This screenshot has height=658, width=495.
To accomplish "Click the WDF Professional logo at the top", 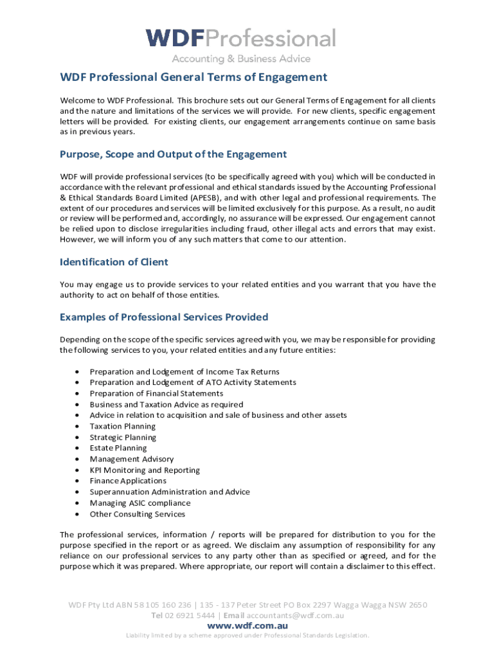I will tap(241, 39).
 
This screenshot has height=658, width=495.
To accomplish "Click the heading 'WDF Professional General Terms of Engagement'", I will tap(194, 78).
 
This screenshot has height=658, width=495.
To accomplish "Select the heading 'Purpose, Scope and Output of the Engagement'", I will tap(173, 154).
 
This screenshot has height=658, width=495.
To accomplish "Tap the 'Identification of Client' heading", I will tap(114, 262).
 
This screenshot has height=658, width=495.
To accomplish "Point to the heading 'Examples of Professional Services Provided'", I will tap(164, 317).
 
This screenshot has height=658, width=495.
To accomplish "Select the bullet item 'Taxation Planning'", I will tap(122, 427).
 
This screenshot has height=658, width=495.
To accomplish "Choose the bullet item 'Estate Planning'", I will tap(118, 449).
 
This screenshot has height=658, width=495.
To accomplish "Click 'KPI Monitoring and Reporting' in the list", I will tap(145, 470).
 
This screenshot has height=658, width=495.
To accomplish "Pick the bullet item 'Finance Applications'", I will tap(128, 481).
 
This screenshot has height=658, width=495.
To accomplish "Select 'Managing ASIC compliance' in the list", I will tap(140, 503).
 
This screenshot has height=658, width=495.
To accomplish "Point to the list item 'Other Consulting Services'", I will tap(137, 514).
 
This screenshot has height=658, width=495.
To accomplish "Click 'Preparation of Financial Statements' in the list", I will tap(156, 394).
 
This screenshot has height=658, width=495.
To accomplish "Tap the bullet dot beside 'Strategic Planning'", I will tap(77, 438).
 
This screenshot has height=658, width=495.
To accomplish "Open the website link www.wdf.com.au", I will tap(248, 626).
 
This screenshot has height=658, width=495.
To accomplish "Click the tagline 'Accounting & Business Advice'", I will tap(240, 59).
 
